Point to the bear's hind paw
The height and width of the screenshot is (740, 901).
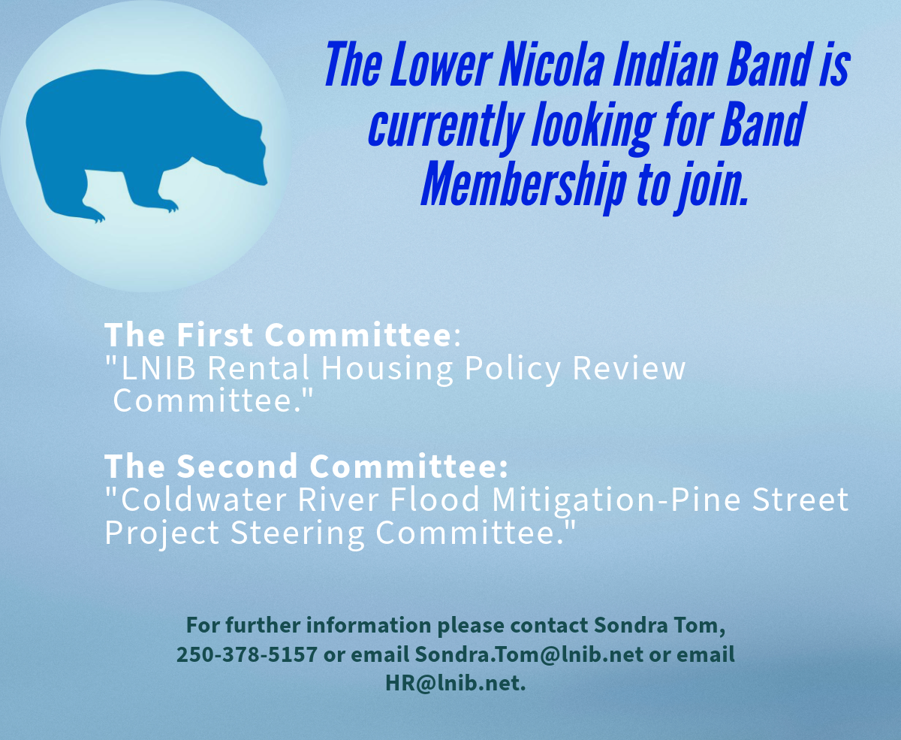pyautogui.click(x=93, y=215)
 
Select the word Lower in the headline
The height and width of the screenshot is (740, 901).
pyautogui.click(x=440, y=64)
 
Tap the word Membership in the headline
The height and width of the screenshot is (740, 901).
pyautogui.click(x=524, y=185)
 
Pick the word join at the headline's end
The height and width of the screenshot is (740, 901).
pyautogui.click(x=711, y=185)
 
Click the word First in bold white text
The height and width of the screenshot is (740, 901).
pyautogui.click(x=215, y=334)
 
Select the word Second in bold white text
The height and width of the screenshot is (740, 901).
pyautogui.click(x=237, y=466)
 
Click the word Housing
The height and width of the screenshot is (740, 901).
pyautogui.click(x=387, y=369)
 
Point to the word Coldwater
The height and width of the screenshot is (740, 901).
pyautogui.click(x=203, y=499)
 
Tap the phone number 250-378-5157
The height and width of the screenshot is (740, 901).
pyautogui.click(x=247, y=654)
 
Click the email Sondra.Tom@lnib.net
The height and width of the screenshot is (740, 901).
pyautogui.click(x=529, y=654)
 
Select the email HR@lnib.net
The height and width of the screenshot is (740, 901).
pyautogui.click(x=456, y=683)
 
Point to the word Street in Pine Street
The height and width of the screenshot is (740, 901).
pyautogui.click(x=800, y=499)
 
